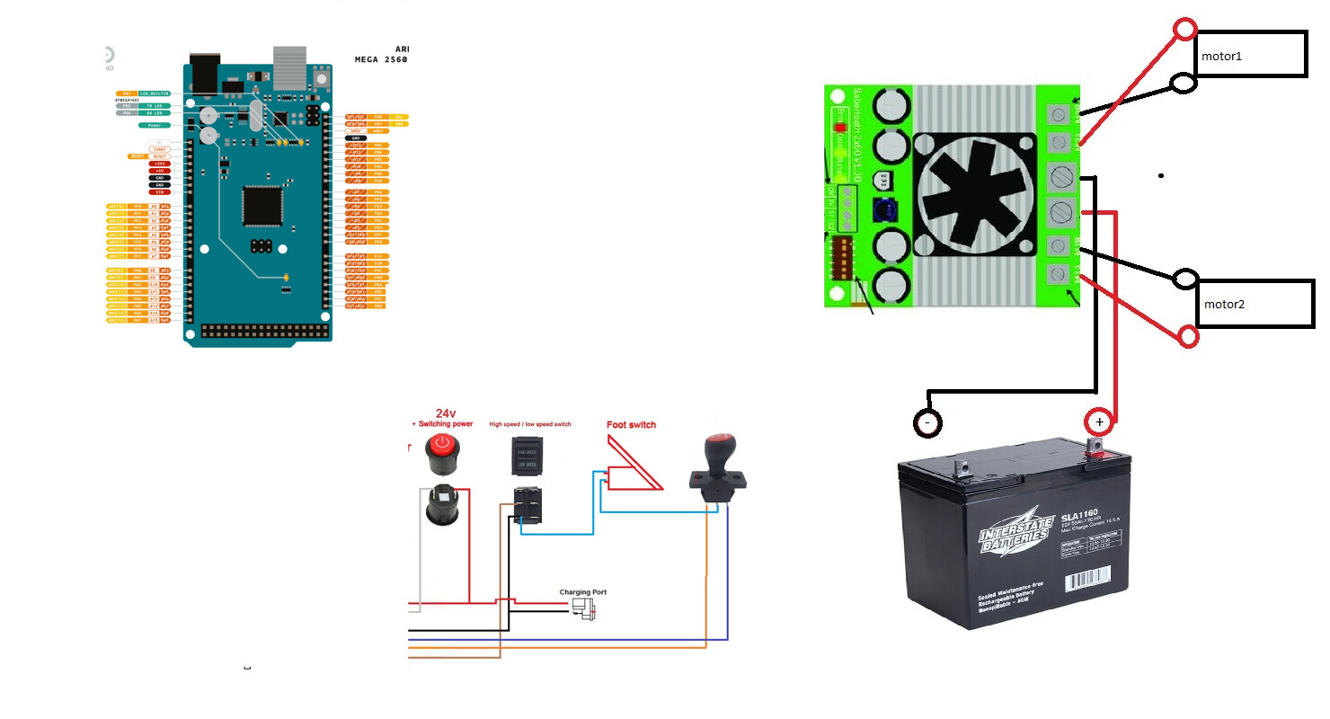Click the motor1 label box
1250,55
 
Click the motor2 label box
1255,304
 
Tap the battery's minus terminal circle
927,422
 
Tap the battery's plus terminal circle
1098,422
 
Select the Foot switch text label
631,425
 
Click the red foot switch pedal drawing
634,465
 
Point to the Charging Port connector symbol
585,609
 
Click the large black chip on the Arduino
264,206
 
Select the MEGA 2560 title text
381,59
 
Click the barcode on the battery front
1086,581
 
